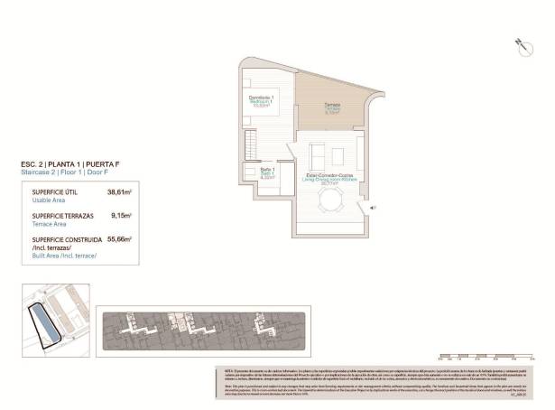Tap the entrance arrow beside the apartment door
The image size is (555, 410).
(372, 208)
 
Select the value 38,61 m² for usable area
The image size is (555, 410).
(119, 192)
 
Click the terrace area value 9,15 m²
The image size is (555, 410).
(121, 216)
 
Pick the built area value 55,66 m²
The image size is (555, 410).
(119, 239)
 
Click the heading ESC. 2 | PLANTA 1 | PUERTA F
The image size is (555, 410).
(69, 163)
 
